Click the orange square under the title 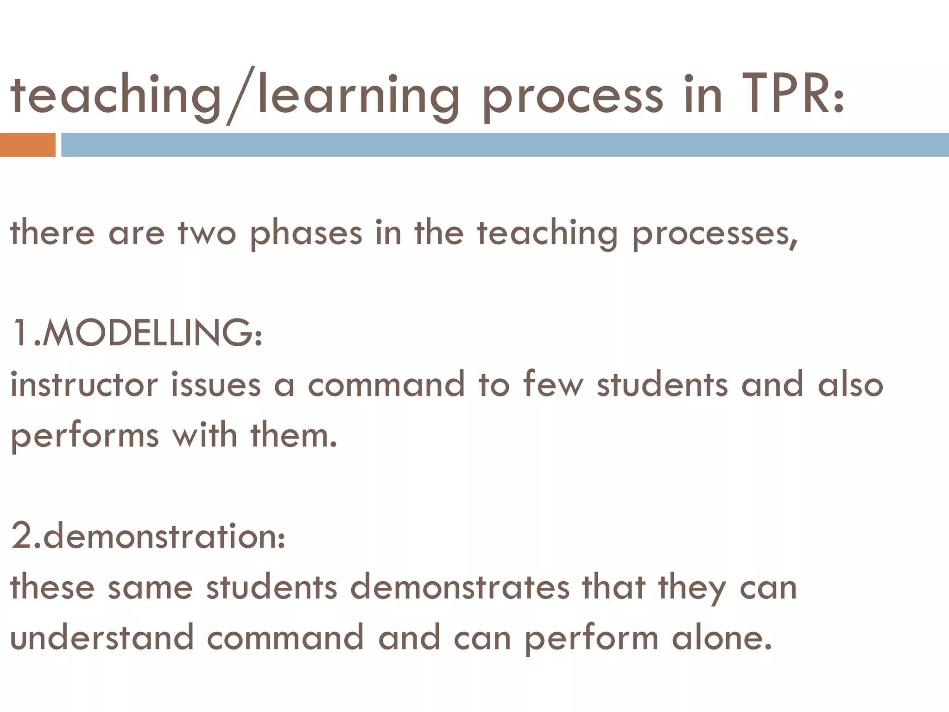pyautogui.click(x=27, y=145)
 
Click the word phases pyautogui.click(x=306, y=234)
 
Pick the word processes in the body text pyautogui.click(x=714, y=234)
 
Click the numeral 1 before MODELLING pyautogui.click(x=21, y=333)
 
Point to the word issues pyautogui.click(x=216, y=384)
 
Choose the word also pyautogui.click(x=850, y=384)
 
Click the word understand pyautogui.click(x=102, y=638)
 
